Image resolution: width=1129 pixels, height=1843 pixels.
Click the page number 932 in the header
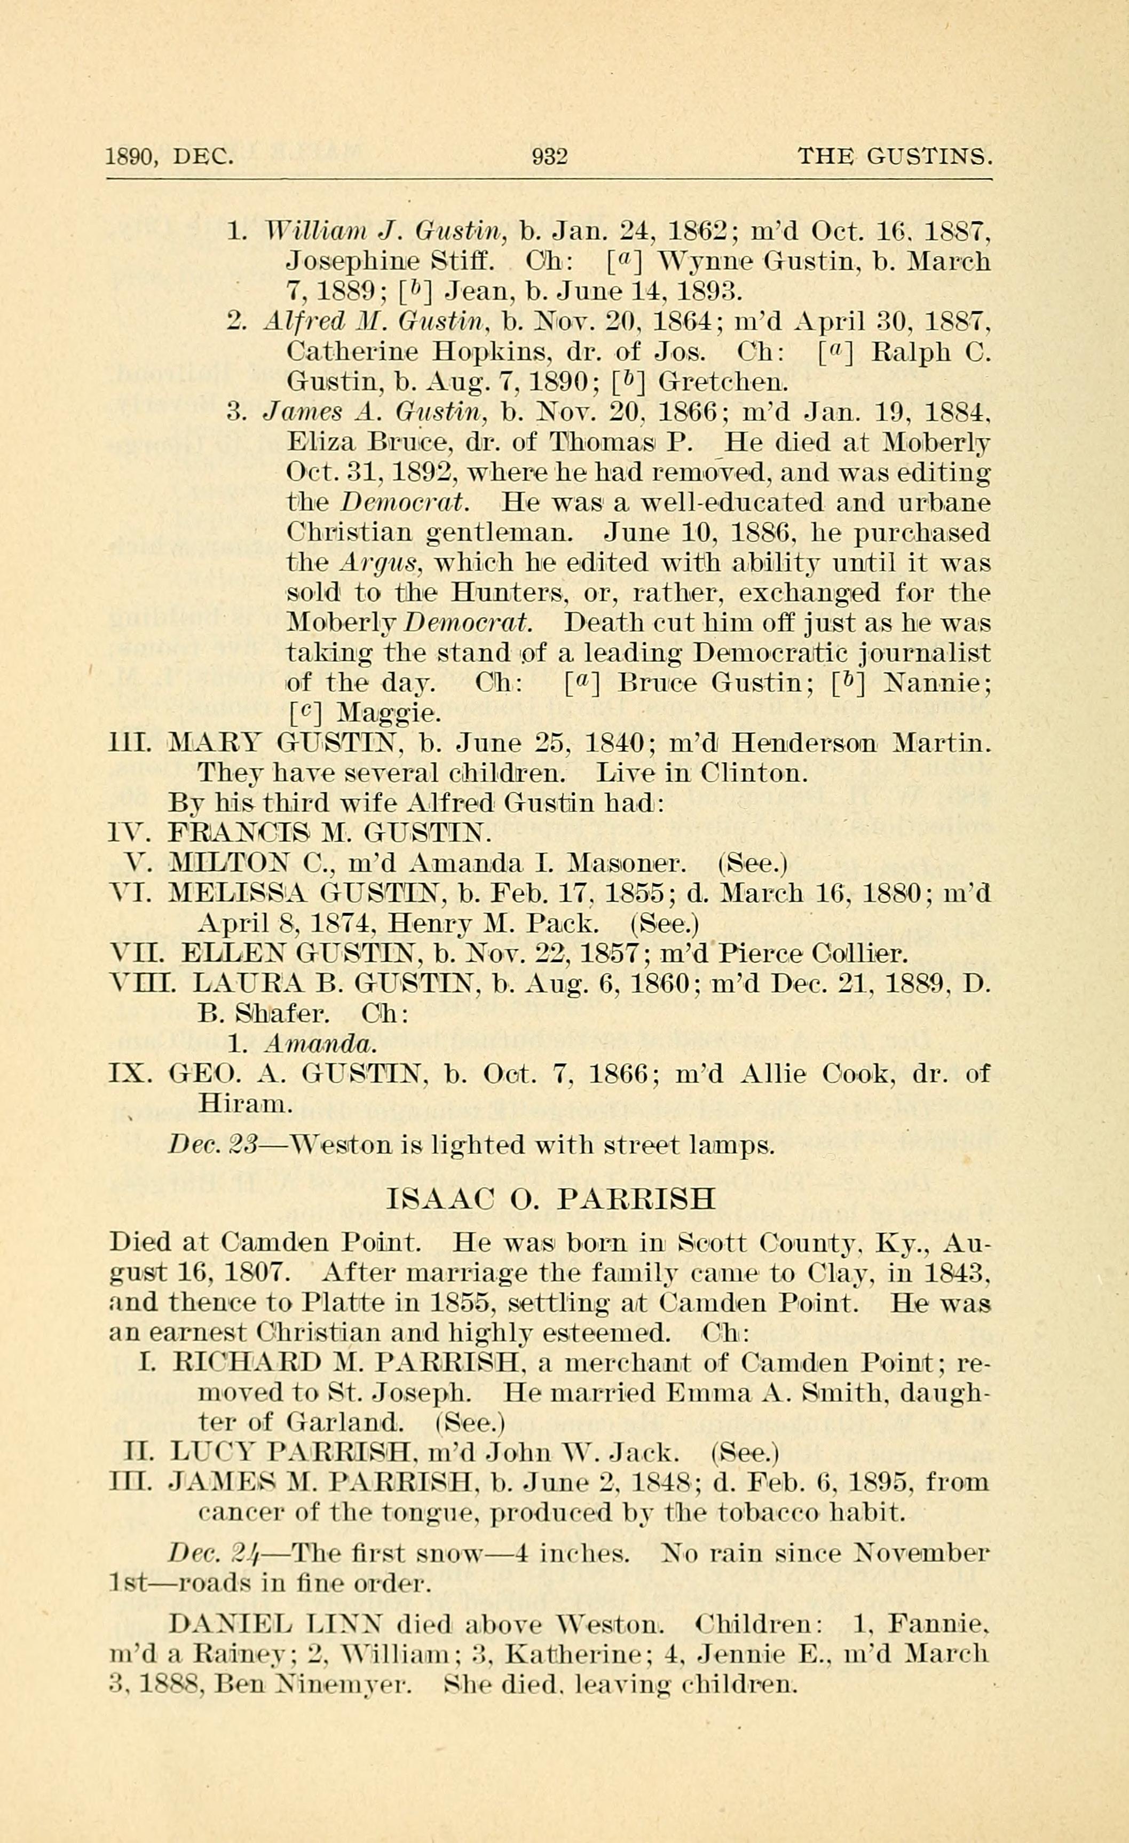click(x=549, y=156)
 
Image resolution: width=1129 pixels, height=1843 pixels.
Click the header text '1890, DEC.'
click(x=170, y=156)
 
